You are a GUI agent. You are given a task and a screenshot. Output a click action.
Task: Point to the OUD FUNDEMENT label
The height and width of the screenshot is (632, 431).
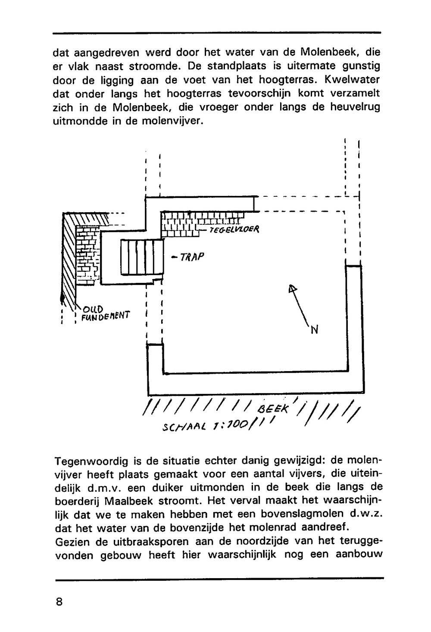click(104, 313)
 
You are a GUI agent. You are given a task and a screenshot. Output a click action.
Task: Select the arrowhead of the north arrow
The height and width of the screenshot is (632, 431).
click(293, 289)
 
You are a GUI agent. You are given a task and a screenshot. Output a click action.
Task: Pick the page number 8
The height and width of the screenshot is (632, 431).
click(59, 601)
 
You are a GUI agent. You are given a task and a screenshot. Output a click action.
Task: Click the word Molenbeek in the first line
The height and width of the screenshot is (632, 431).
click(327, 53)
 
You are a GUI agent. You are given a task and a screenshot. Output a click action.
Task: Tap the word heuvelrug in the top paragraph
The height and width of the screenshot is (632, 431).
click(355, 107)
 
